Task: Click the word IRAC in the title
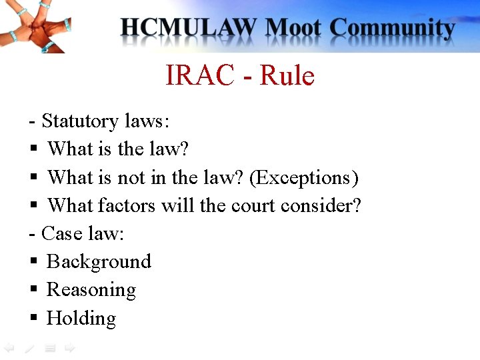point(199,76)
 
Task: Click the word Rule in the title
point(287,76)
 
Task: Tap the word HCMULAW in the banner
point(189,29)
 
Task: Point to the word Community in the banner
point(393,29)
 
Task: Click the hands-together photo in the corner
point(33,27)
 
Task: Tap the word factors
point(127,205)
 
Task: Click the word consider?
point(321,205)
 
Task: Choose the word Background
point(99,262)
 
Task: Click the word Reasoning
point(91,290)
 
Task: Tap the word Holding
point(81,318)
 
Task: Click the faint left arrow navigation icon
point(9,348)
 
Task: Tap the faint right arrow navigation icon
point(69,348)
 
